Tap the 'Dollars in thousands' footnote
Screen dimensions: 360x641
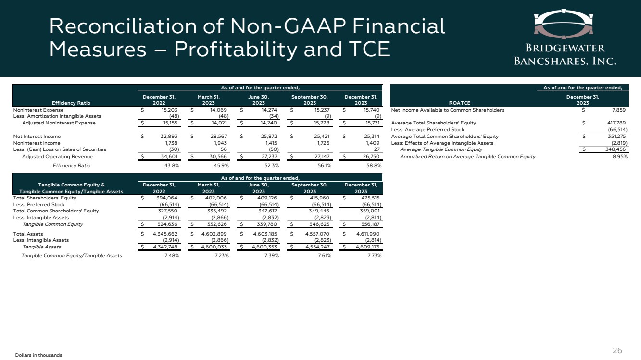[x=38, y=355]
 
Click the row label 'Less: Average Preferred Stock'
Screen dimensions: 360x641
[x=428, y=129]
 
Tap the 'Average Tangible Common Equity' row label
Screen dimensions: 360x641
[x=441, y=149]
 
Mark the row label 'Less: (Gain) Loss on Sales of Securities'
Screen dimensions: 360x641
[x=60, y=149]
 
